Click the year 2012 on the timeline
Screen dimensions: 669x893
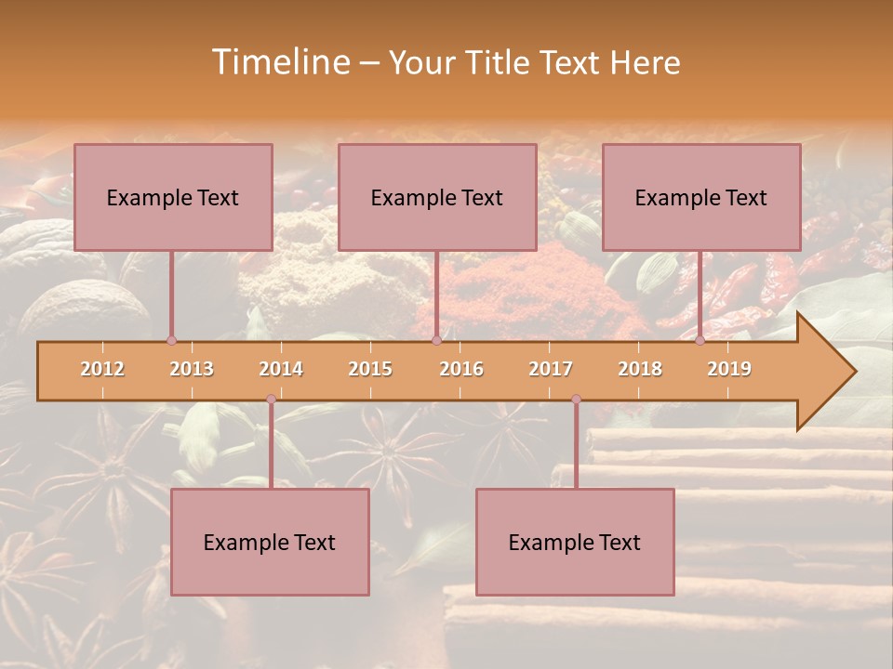click(102, 369)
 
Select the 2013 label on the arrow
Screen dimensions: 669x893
click(192, 369)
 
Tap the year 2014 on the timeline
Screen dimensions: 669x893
click(281, 369)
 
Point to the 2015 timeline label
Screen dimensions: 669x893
click(370, 369)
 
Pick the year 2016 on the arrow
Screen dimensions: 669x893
click(461, 369)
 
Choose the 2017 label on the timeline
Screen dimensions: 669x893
click(551, 369)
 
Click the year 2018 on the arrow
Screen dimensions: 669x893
click(640, 369)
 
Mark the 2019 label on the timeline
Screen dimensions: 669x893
click(729, 369)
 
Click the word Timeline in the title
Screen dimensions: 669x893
click(279, 62)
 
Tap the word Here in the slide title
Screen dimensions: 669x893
click(646, 62)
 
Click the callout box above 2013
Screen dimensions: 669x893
click(173, 197)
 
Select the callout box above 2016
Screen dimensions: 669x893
click(437, 197)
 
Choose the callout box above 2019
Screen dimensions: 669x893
click(701, 197)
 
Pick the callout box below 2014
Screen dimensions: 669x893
click(270, 542)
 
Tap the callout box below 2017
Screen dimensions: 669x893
click(575, 542)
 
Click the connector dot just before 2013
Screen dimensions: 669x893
click(171, 340)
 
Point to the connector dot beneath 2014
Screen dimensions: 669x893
click(271, 399)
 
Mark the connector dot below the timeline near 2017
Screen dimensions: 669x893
click(576, 399)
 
